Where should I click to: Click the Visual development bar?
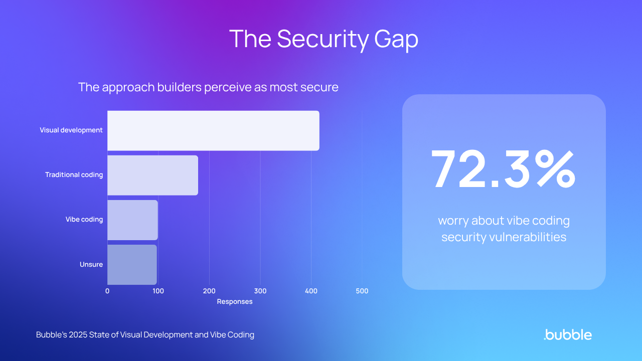point(213,130)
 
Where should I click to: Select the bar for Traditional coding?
point(152,175)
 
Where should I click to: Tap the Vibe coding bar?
point(132,220)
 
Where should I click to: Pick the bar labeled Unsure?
point(132,264)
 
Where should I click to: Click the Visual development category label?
point(71,130)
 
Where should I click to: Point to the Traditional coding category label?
point(74,175)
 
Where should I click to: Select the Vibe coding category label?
point(84,220)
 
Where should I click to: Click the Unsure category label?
point(91,264)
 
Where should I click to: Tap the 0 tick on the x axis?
point(107,291)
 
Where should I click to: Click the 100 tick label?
point(158,291)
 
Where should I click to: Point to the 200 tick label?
point(209,291)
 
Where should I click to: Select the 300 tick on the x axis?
point(260,291)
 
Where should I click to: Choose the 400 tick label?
point(311,291)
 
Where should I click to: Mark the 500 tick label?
point(362,291)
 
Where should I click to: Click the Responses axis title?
point(235,302)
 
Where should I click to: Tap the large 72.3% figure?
point(504,169)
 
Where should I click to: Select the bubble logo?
point(568,334)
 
